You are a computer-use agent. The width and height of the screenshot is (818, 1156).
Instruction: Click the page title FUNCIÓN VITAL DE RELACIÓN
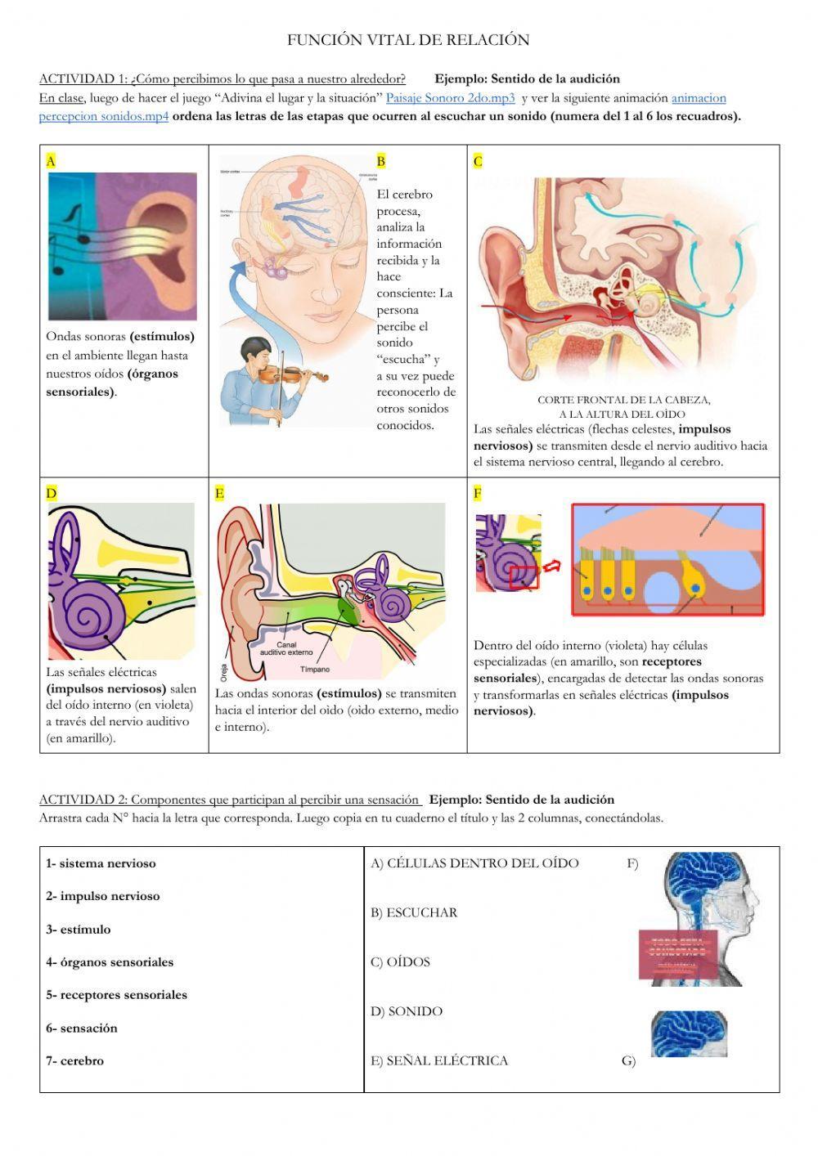[x=408, y=40]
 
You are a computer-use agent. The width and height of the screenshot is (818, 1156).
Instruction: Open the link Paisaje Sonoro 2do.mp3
[x=450, y=98]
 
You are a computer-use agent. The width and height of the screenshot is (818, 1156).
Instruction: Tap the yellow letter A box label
[x=51, y=161]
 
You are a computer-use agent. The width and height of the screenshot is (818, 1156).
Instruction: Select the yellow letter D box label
[x=51, y=493]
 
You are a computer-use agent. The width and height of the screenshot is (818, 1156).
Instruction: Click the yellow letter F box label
[x=478, y=493]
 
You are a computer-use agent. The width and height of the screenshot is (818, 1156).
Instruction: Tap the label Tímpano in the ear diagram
[x=315, y=670]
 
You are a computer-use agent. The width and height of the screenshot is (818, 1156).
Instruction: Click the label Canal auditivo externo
[x=281, y=648]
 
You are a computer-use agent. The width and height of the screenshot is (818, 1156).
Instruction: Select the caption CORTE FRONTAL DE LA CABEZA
[x=623, y=400]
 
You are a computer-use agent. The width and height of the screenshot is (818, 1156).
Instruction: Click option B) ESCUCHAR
[x=414, y=912]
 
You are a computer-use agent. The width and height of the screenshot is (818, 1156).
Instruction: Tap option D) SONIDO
[x=407, y=1011]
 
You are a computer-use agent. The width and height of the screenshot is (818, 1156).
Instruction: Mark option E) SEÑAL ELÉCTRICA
[x=439, y=1061]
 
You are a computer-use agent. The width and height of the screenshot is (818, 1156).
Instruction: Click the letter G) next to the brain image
[x=628, y=1062]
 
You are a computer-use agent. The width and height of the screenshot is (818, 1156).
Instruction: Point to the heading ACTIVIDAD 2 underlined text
[x=230, y=800]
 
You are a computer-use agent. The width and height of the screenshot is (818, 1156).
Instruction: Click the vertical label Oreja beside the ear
[x=223, y=672]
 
